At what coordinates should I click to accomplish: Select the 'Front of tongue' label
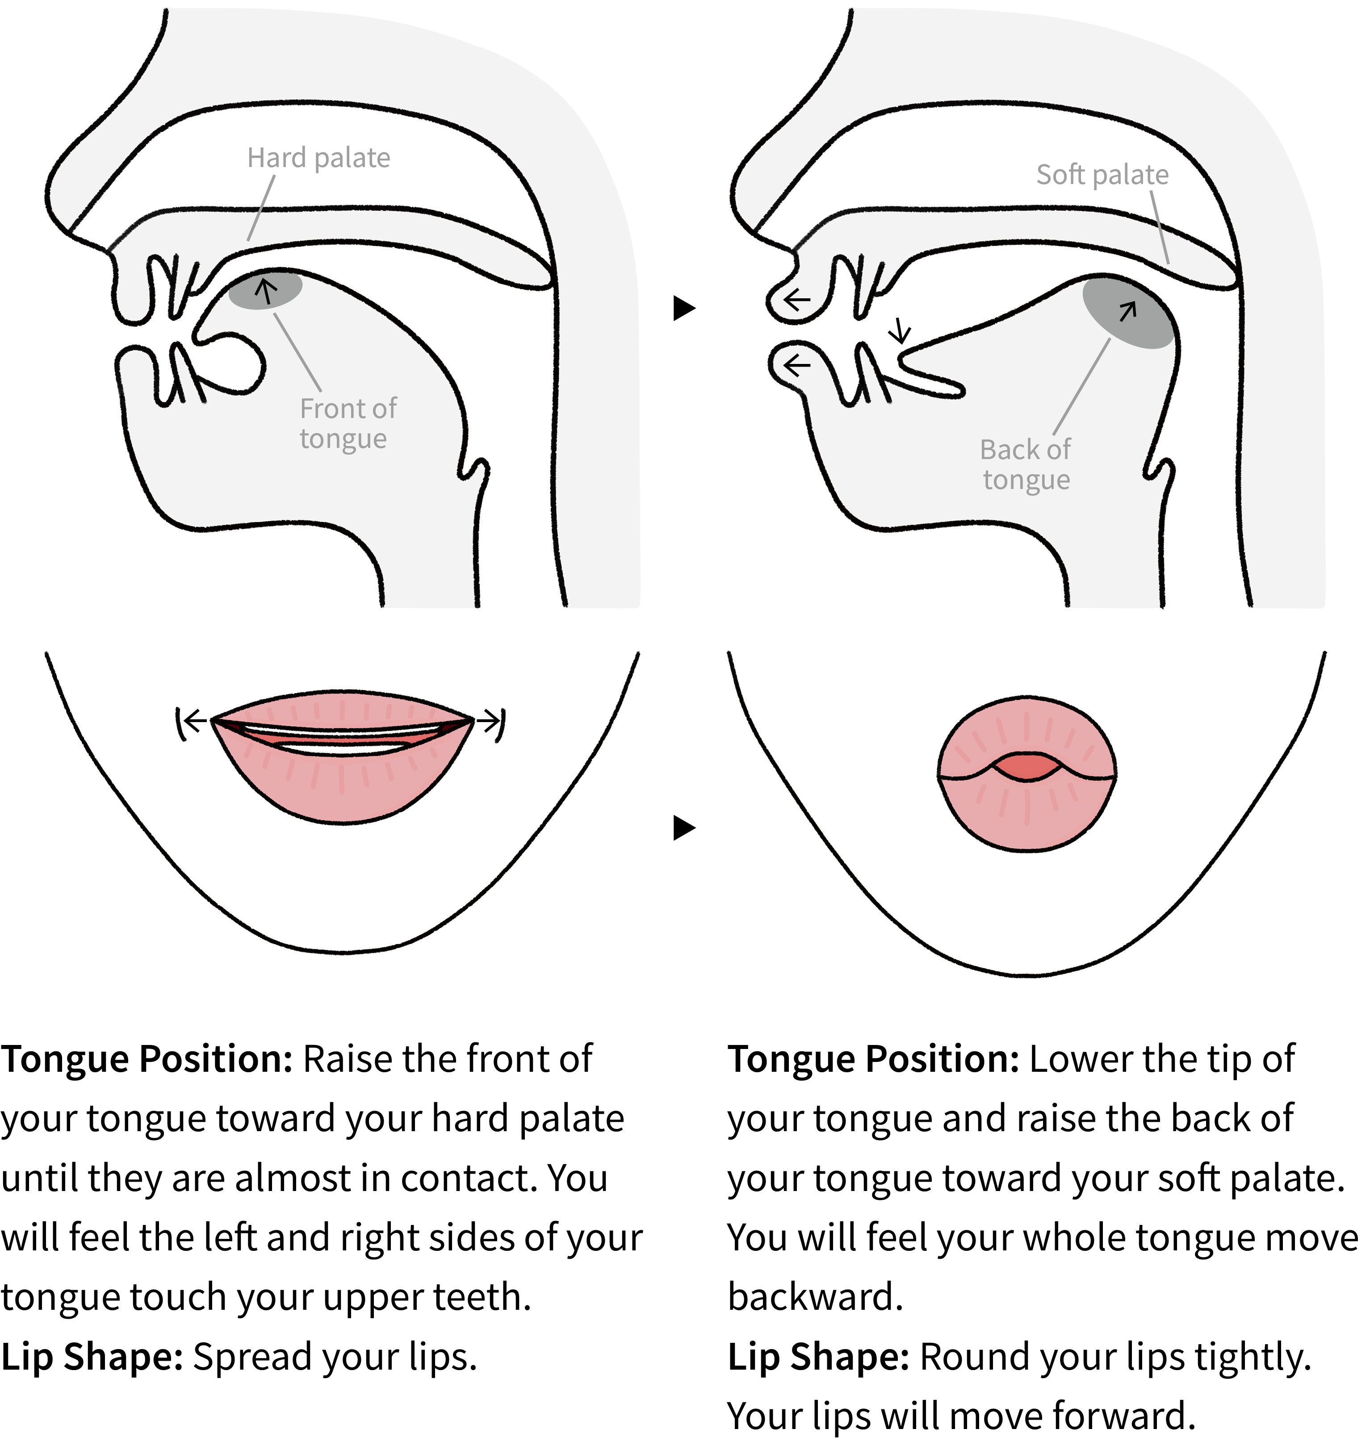[348, 423]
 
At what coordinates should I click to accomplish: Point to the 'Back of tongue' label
[1025, 465]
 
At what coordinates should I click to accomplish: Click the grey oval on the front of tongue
[264, 290]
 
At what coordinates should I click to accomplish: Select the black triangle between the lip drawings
[683, 828]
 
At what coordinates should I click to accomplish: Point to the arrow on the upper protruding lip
[797, 299]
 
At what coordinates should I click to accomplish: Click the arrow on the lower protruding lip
[797, 364]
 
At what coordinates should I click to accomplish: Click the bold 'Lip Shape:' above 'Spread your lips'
[92, 1357]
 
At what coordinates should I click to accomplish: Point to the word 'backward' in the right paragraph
[815, 1297]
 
